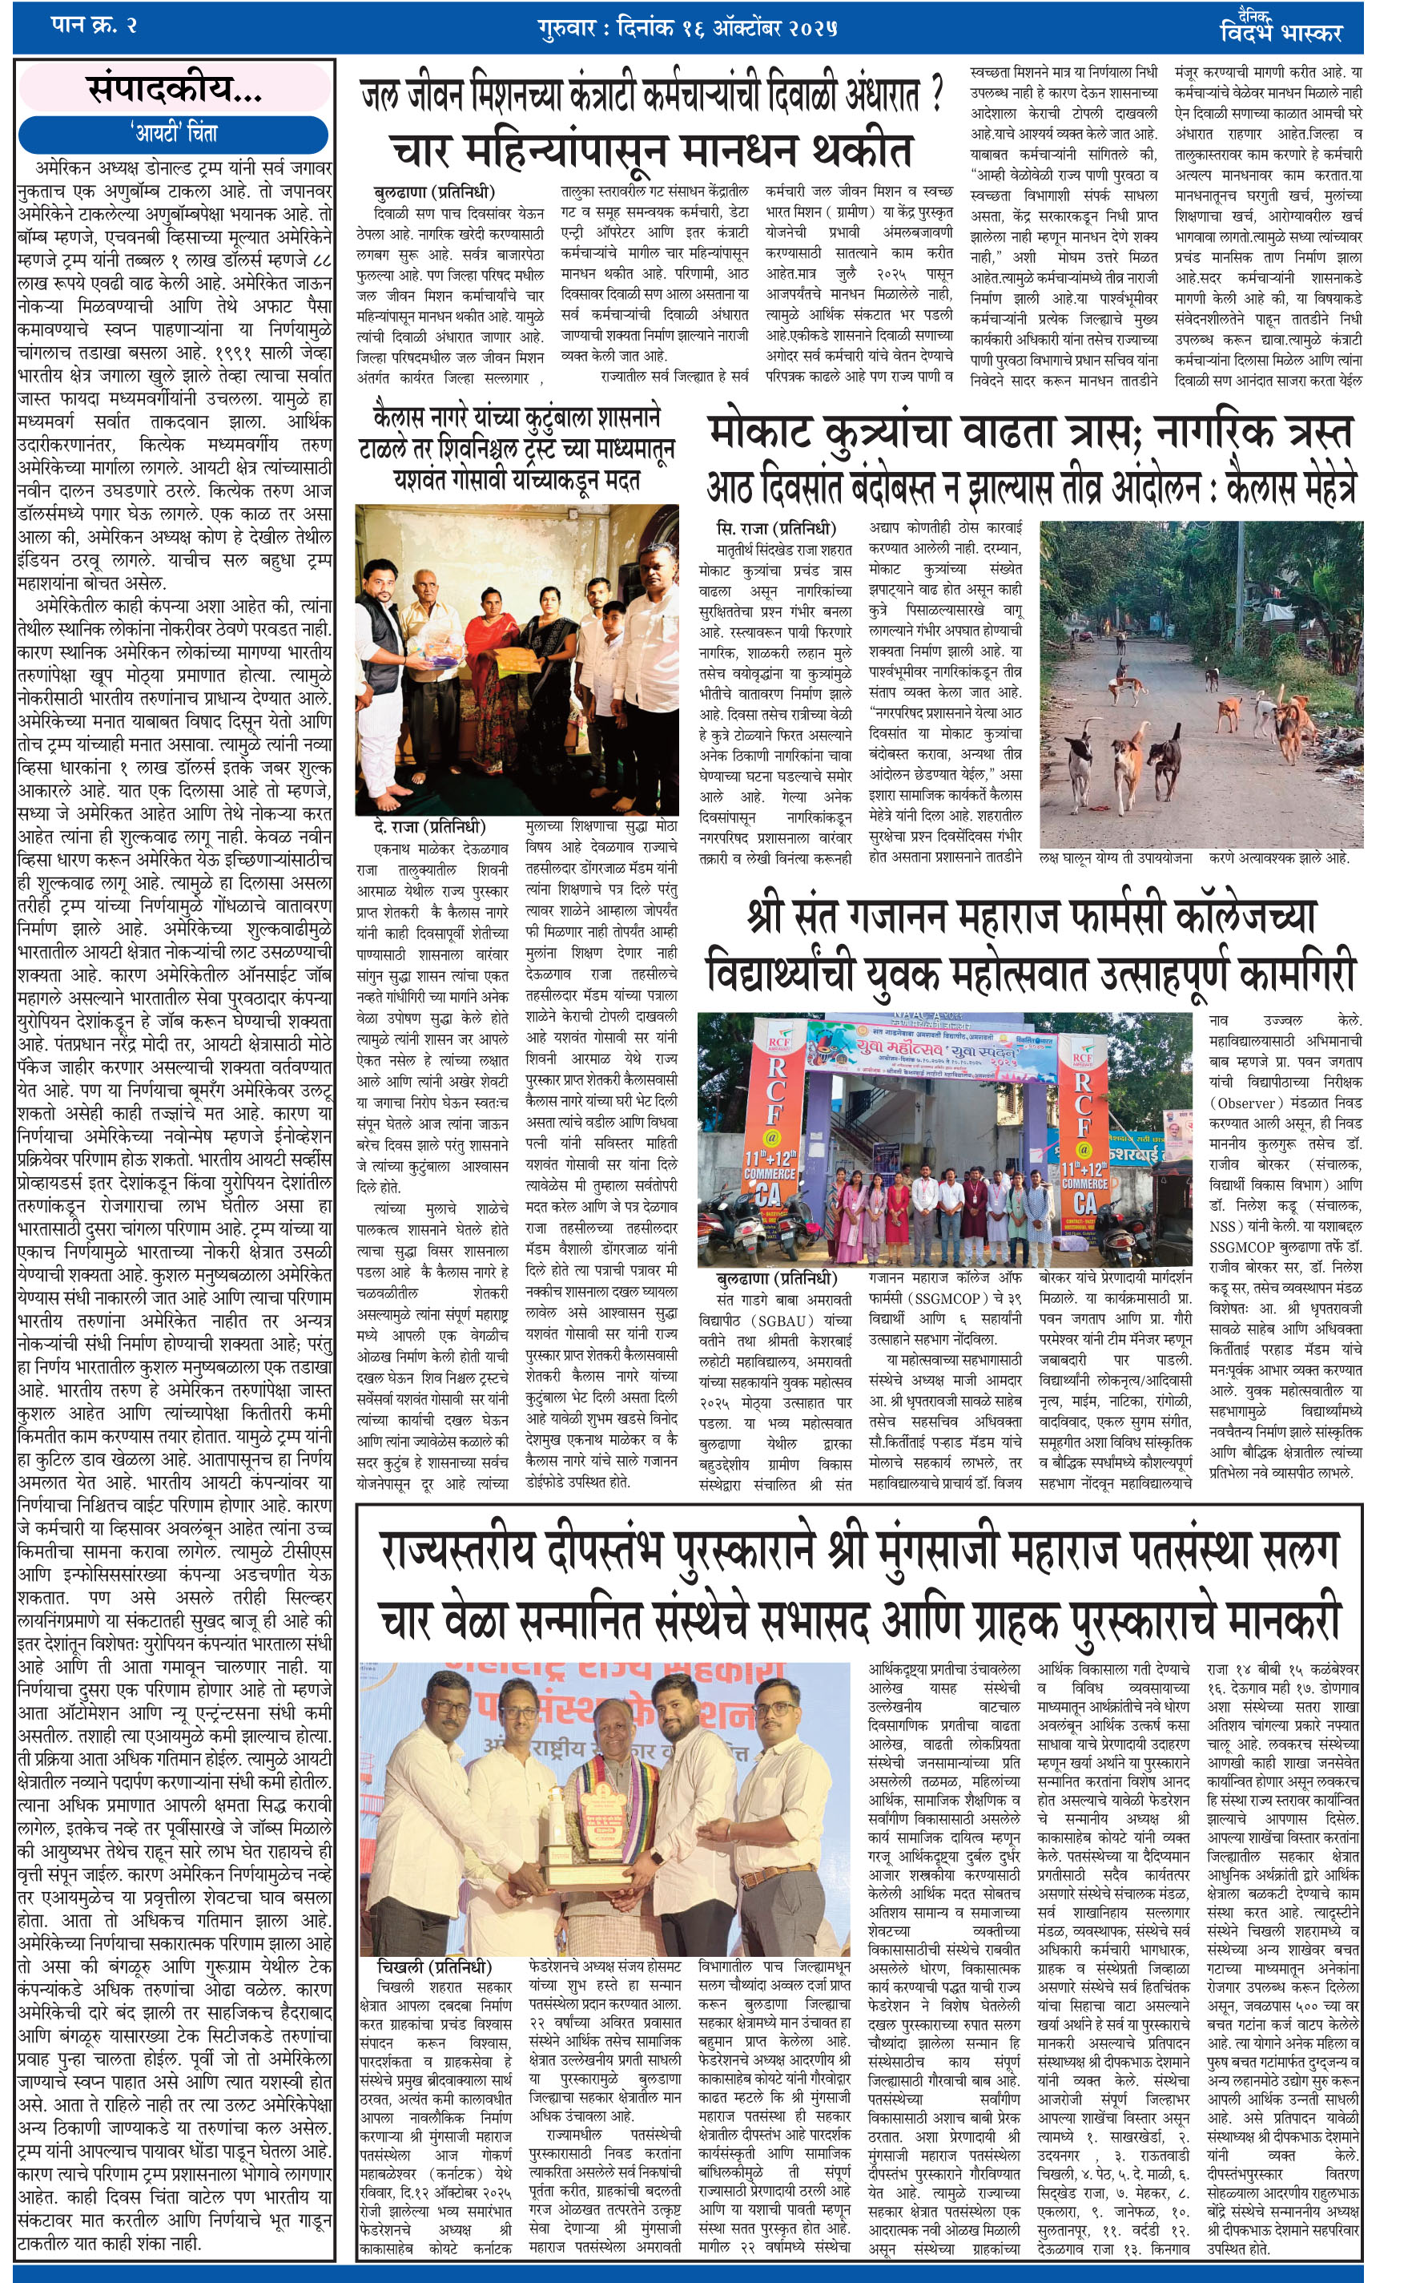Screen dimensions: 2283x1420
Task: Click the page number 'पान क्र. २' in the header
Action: point(94,26)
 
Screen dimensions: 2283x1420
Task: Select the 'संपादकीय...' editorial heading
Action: point(175,89)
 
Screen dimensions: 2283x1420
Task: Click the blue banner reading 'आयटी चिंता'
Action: point(174,132)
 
